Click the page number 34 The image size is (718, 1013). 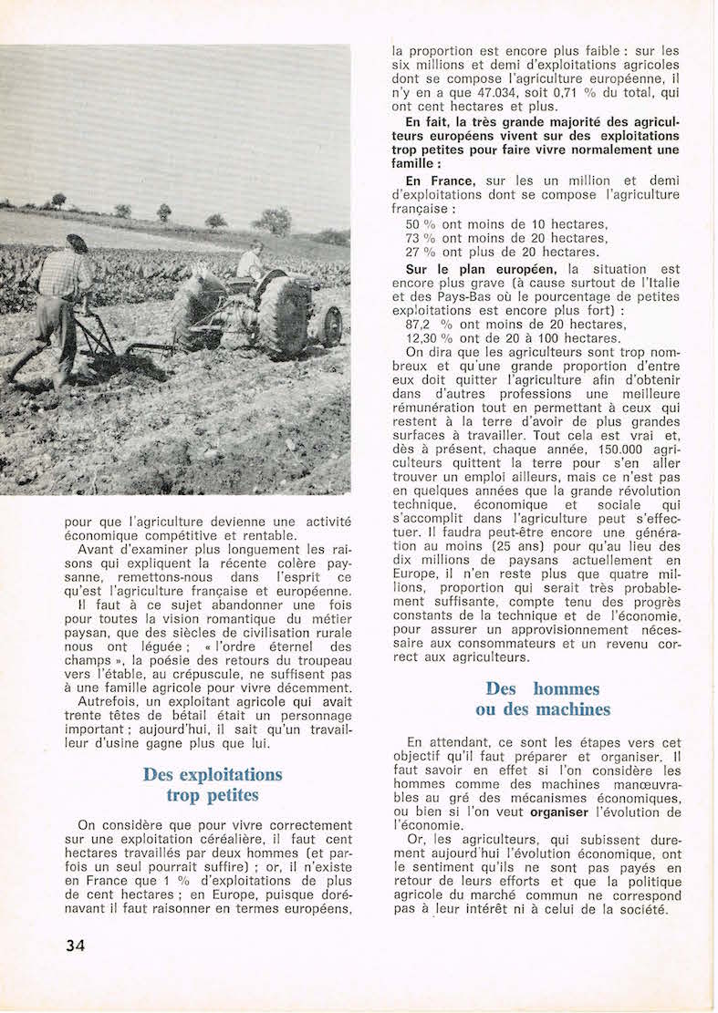click(x=75, y=945)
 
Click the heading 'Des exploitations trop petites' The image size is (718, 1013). click(x=213, y=784)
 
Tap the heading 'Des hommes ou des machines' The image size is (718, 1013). click(x=542, y=698)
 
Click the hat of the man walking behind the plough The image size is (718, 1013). click(x=78, y=243)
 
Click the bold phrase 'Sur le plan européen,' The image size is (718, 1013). click(x=481, y=268)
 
